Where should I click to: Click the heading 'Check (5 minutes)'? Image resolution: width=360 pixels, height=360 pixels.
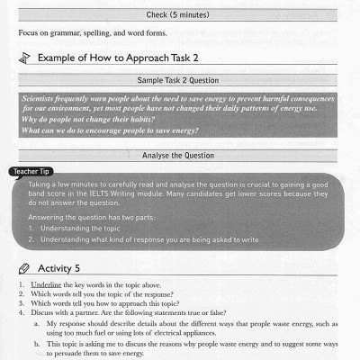point(179,14)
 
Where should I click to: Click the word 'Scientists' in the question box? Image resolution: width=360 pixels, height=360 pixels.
point(41,95)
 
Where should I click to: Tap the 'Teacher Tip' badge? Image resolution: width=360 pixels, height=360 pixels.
point(33,171)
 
